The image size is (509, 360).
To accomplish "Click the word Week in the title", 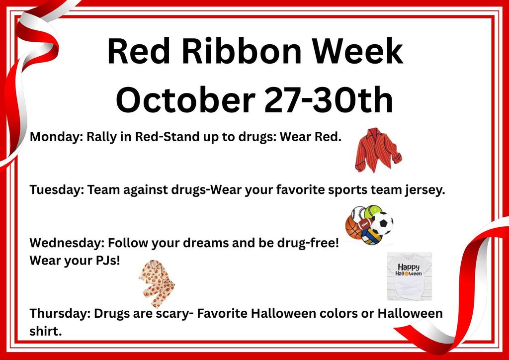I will [x=355, y=52].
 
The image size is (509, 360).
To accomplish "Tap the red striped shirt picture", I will [x=377, y=150].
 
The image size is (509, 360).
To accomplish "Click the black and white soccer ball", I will [x=381, y=224].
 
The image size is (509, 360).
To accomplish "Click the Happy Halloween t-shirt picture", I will [x=409, y=276].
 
